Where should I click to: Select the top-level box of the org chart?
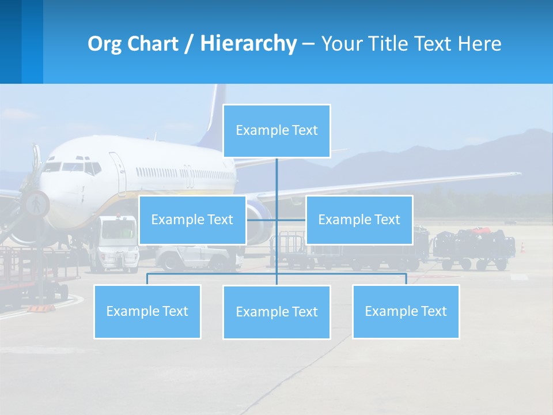click(276, 131)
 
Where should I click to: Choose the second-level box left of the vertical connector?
click(192, 220)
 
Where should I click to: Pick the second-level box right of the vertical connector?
click(359, 220)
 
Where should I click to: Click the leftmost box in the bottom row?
click(147, 311)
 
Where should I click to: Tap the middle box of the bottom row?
click(276, 312)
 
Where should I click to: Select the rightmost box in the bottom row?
click(406, 311)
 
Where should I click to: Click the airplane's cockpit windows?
click(72, 167)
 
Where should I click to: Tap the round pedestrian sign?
click(36, 203)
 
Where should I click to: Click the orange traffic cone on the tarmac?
click(522, 247)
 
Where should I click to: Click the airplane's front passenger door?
click(118, 171)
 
